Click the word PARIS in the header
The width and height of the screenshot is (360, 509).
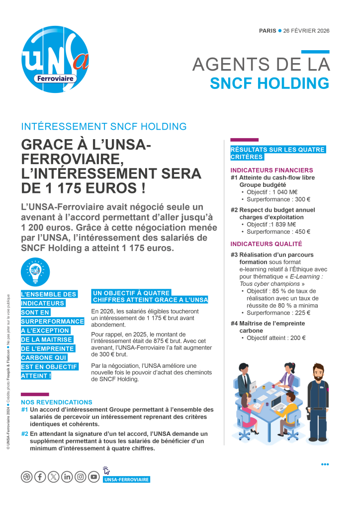click(268, 31)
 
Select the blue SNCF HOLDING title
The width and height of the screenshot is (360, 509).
click(270, 83)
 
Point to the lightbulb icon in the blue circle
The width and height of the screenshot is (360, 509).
click(35, 272)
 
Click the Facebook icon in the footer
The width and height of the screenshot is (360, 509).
click(40, 477)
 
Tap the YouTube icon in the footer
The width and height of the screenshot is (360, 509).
click(94, 477)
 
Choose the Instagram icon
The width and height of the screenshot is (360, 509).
click(81, 477)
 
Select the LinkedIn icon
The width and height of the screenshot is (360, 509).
click(67, 477)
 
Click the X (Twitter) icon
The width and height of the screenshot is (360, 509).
click(54, 477)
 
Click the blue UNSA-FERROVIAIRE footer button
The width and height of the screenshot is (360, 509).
click(126, 480)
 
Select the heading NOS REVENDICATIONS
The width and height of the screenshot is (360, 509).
click(56, 402)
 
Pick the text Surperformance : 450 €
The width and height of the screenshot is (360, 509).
click(278, 232)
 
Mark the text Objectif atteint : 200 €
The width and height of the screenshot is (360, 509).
click(276, 338)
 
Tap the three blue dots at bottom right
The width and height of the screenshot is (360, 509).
click(325, 464)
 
